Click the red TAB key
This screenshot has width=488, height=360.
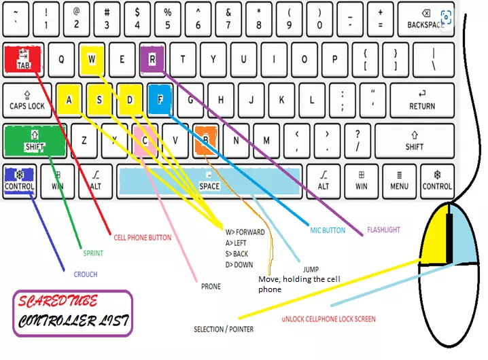point(24,58)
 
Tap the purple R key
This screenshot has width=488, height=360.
point(152,58)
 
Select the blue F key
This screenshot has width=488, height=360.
point(160,98)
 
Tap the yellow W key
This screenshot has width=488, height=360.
point(92,58)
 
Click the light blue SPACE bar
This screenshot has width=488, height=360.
point(209,181)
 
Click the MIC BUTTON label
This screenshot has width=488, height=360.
point(328,230)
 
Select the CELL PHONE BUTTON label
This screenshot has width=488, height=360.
point(142,238)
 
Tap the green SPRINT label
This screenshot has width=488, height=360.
point(93,253)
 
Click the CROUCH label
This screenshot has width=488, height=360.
point(86,274)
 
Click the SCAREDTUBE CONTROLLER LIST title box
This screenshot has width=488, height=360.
point(72,313)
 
